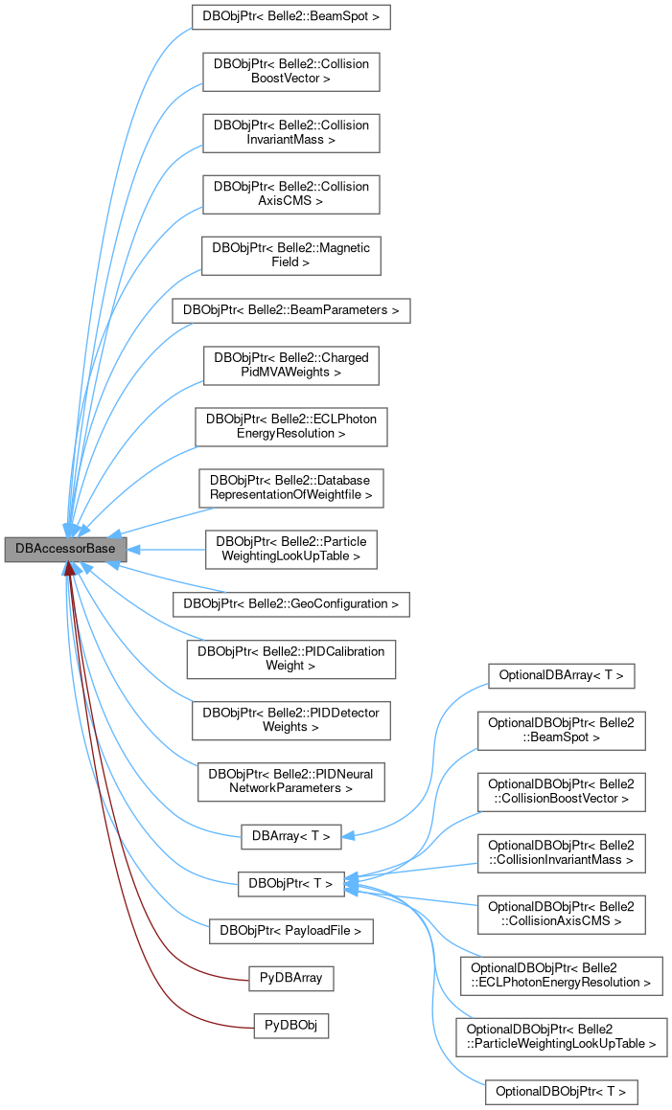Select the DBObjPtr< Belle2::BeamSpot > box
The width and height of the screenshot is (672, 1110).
[290, 17]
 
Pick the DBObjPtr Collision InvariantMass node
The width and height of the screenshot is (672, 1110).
[290, 132]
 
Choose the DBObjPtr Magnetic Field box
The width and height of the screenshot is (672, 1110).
[290, 253]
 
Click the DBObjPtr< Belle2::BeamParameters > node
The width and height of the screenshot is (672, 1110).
[290, 310]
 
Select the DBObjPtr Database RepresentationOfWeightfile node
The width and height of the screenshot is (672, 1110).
[290, 487]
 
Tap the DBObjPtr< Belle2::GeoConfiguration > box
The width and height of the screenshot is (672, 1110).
[290, 604]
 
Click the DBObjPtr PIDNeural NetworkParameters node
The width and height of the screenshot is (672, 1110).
[290, 780]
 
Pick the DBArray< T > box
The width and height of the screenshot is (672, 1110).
[290, 836]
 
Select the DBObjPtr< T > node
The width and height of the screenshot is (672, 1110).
[290, 883]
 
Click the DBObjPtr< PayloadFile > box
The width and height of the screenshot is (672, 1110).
[290, 930]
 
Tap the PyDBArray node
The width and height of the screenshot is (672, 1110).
[290, 979]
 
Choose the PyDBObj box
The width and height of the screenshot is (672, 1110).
[290, 1026]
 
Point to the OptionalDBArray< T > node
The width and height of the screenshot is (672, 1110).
[562, 675]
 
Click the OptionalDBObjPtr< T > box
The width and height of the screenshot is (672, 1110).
[562, 1091]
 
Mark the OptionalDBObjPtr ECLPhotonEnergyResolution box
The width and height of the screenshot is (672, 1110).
[562, 975]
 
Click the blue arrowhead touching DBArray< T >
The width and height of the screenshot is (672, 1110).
[349, 836]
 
